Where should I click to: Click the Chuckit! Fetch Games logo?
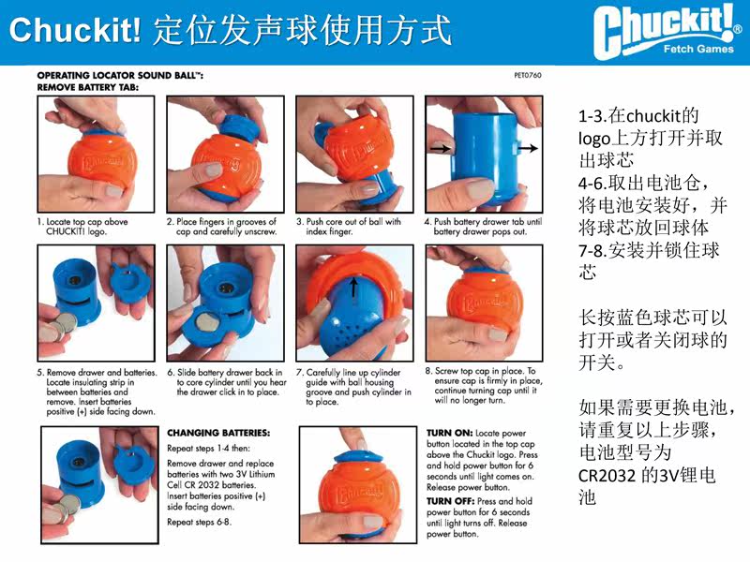click(667, 32)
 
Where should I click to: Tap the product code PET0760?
click(528, 75)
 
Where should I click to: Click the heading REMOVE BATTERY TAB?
click(88, 87)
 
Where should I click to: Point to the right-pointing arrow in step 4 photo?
click(528, 148)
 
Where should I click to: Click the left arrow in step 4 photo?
click(440, 149)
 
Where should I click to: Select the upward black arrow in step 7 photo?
click(353, 288)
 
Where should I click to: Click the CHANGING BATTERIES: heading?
click(218, 433)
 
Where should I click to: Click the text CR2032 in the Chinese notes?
click(607, 476)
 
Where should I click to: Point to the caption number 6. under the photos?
click(171, 372)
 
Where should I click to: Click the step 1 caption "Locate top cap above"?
click(86, 222)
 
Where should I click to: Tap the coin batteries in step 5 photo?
click(60, 326)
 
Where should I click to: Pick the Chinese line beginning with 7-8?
click(649, 250)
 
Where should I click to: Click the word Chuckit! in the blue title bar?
click(75, 30)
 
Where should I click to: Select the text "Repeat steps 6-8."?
click(199, 522)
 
